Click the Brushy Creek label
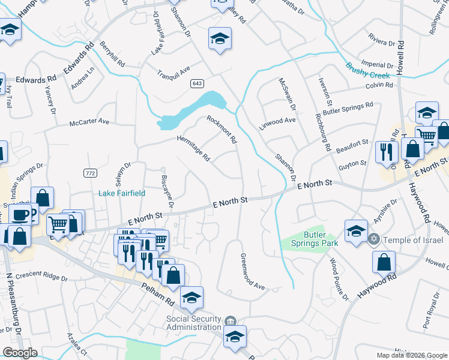(367, 72)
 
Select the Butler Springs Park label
(315, 238)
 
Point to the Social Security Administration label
(194, 322)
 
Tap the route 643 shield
(197, 83)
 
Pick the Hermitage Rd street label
(193, 148)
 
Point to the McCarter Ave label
(89, 122)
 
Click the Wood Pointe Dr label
(339, 279)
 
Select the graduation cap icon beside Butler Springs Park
(355, 230)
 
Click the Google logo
(19, 353)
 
